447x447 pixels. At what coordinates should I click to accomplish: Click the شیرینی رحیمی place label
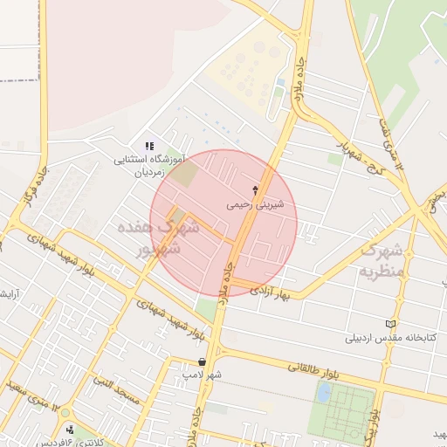click(x=255, y=204)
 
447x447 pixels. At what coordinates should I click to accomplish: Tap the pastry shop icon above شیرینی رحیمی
click(x=255, y=189)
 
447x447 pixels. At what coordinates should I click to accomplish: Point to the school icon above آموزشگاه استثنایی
click(x=148, y=146)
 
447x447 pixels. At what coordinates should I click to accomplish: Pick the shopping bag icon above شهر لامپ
click(x=202, y=361)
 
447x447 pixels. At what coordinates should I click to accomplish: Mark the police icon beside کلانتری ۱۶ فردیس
click(x=71, y=430)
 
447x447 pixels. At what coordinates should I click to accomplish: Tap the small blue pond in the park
click(x=324, y=393)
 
